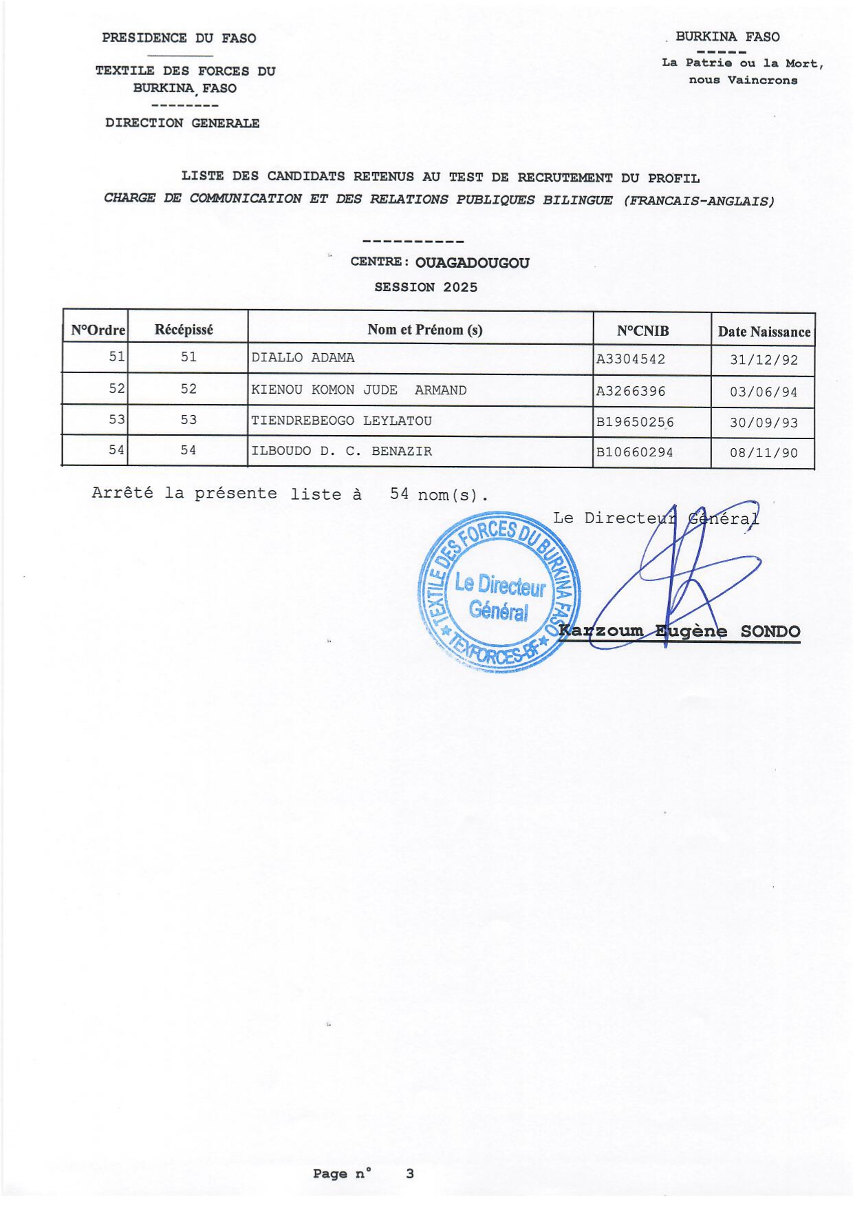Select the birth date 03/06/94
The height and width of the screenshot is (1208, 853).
763,392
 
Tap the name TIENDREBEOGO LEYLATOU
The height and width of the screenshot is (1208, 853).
341,421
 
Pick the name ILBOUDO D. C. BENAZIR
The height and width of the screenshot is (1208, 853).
341,452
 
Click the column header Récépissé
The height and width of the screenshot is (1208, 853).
184,330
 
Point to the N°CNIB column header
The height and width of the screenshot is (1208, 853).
643,331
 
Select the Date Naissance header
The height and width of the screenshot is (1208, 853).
764,332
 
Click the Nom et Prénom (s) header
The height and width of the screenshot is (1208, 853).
424,330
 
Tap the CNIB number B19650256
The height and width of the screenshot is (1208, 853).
634,422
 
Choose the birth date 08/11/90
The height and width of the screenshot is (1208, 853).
763,454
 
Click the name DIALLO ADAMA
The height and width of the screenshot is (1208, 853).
303,358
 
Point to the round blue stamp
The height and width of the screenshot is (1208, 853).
499,593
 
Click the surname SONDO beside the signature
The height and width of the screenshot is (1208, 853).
770,632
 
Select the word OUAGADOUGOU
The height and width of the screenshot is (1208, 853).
472,263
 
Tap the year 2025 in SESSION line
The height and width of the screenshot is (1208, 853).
460,288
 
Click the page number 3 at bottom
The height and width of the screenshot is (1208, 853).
410,1174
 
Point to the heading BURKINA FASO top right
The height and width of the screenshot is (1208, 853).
727,37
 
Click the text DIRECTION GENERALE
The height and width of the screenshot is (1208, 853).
182,123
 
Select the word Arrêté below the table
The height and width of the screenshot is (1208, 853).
122,494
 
